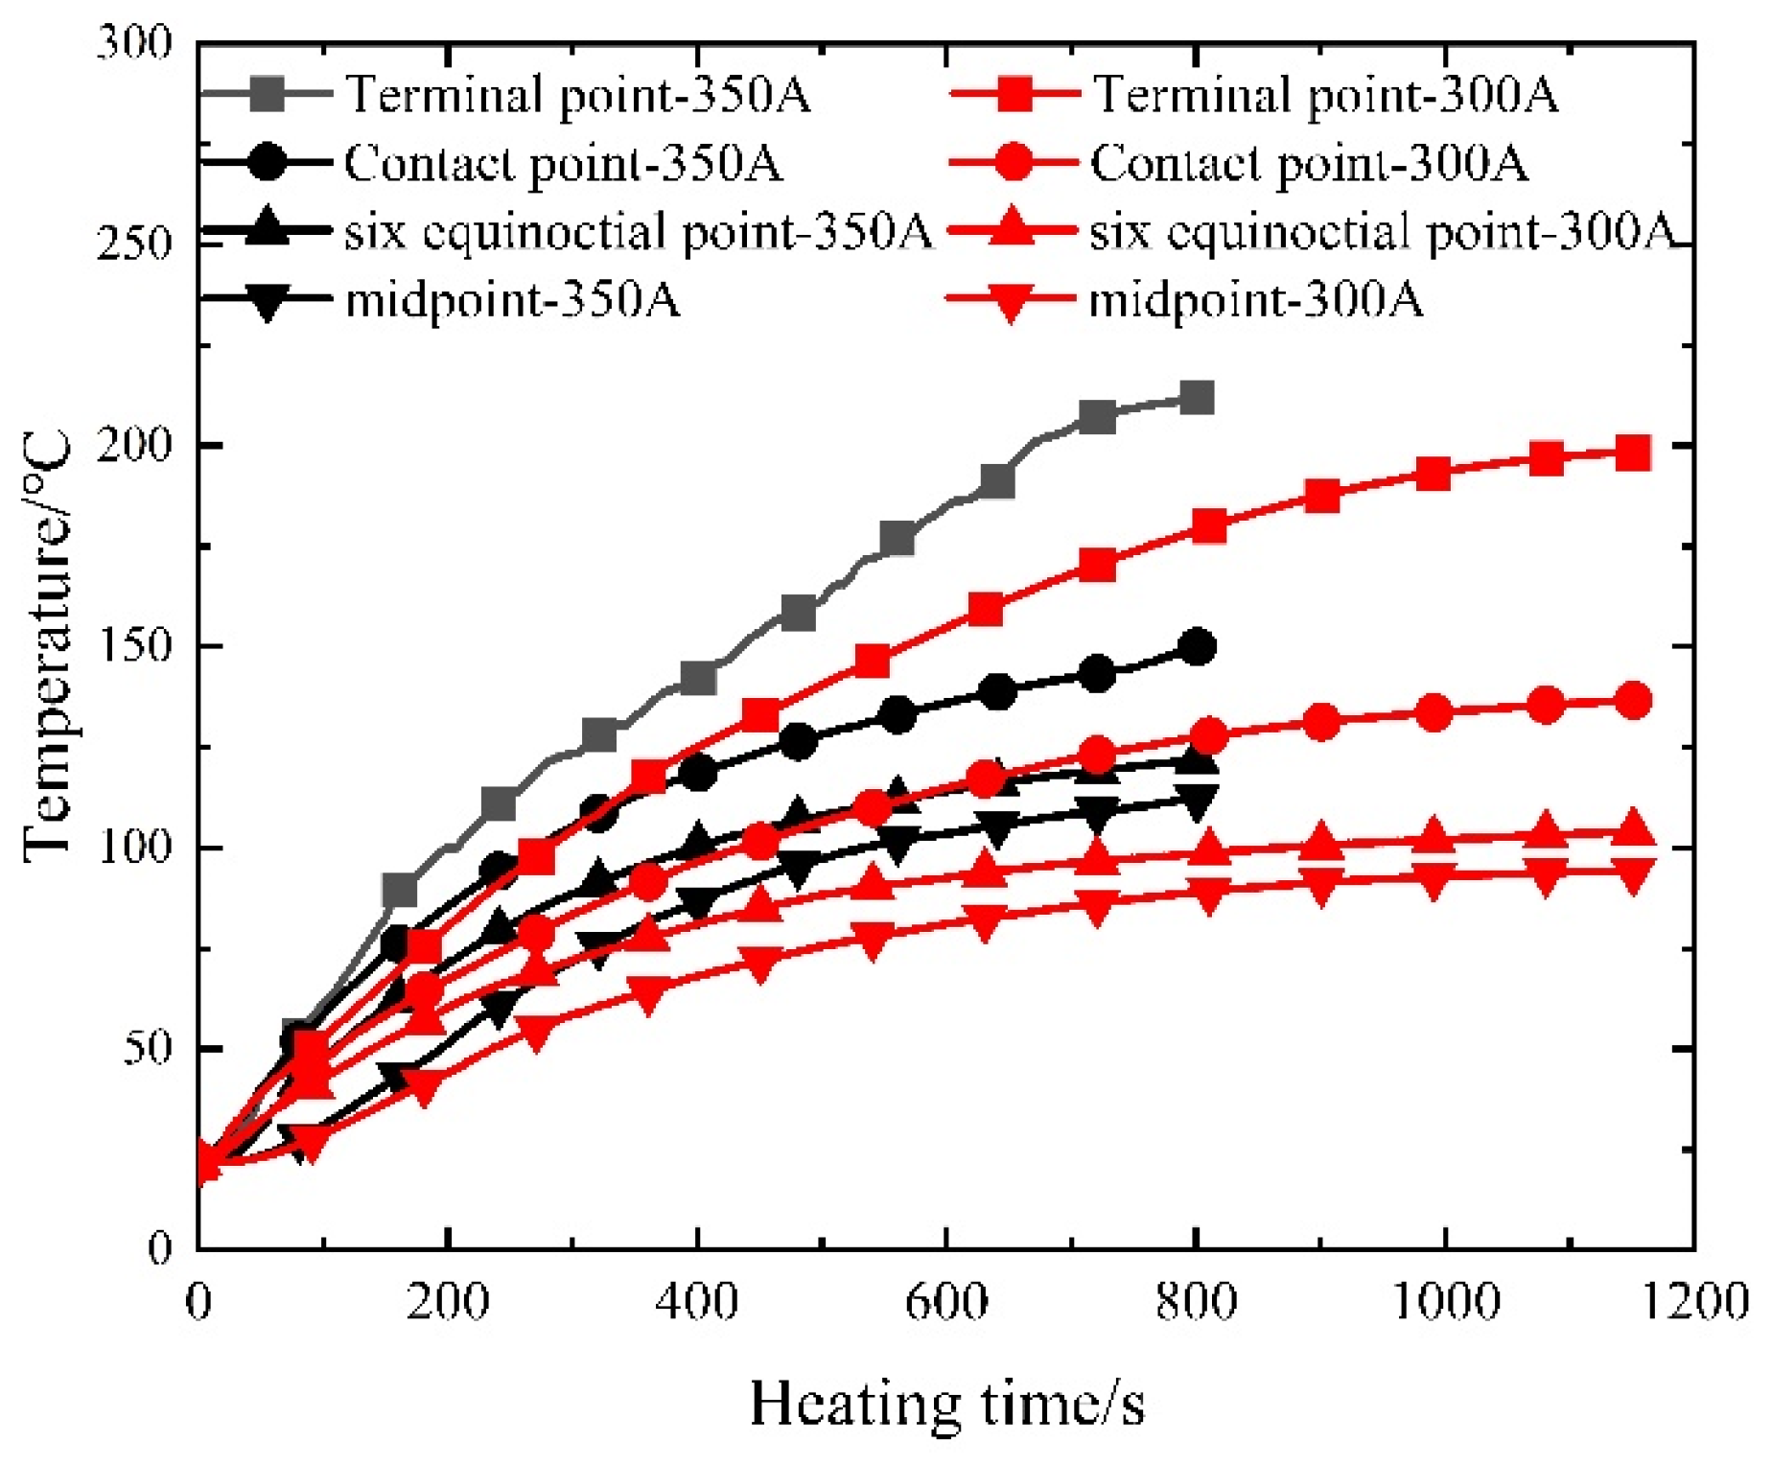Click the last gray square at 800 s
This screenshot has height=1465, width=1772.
(x=1196, y=398)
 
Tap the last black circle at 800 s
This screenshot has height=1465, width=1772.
(x=1196, y=647)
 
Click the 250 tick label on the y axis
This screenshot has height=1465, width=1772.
(x=134, y=244)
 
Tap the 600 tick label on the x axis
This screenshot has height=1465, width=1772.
(x=946, y=1303)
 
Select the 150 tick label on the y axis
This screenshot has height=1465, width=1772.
(x=134, y=646)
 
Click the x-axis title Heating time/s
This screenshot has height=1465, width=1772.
(x=946, y=1406)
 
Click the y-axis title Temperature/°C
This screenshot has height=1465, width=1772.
(x=48, y=647)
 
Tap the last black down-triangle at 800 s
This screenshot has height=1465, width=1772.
(x=1196, y=802)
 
